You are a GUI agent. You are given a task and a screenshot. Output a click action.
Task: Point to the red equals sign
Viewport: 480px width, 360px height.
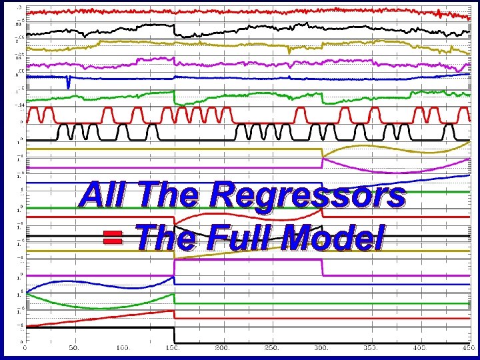coord(114,238)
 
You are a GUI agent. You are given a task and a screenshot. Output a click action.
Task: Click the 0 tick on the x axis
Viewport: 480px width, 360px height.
coord(25,347)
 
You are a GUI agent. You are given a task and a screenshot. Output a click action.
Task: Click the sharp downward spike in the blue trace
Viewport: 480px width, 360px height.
coord(68,84)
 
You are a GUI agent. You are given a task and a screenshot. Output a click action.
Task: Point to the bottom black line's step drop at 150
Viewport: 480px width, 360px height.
coord(174,335)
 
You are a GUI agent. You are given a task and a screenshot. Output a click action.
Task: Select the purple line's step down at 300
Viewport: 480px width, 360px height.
coord(322,268)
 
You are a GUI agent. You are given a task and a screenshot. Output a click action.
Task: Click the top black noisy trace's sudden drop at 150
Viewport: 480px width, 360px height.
coord(174,30)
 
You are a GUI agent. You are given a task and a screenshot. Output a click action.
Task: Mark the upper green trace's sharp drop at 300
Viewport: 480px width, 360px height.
coord(323,98)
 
